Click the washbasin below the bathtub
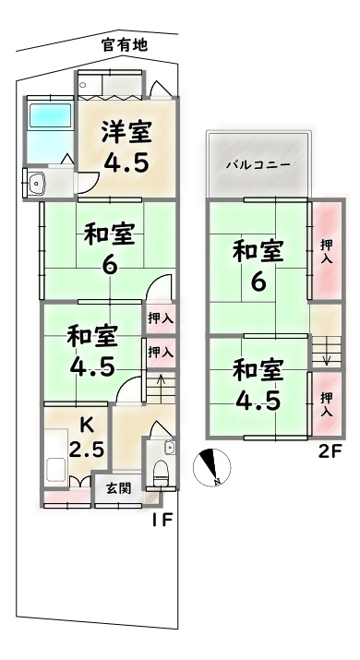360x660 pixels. pos(38,182)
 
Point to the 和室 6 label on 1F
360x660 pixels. pos(109,247)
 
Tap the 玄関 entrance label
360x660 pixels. pos(117,488)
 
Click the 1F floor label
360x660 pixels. pos(162,519)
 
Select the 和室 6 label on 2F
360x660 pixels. pos(257,264)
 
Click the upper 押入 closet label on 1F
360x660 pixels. pos(160,318)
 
